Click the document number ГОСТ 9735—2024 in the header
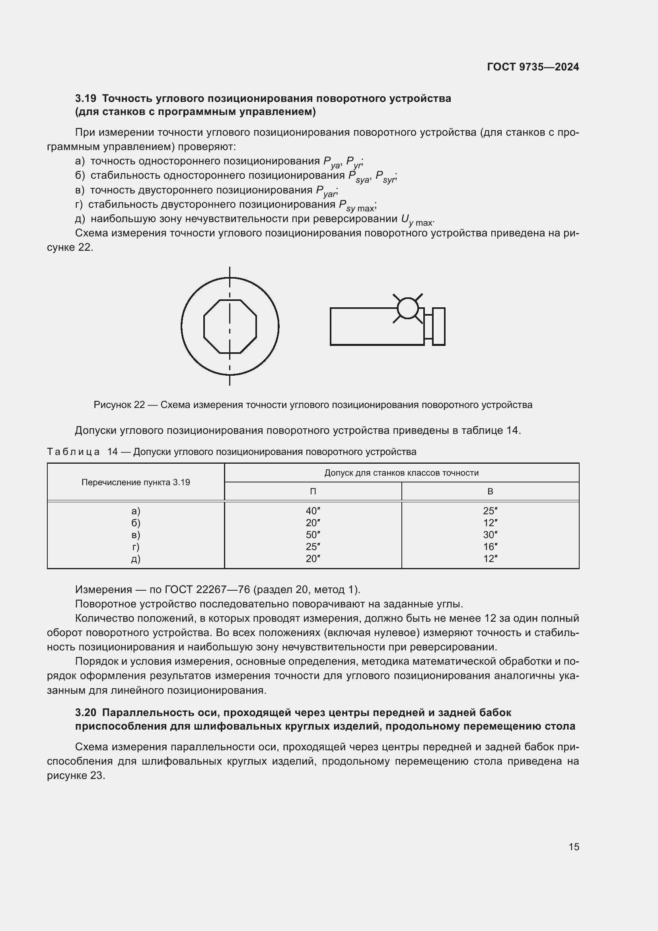click(x=533, y=67)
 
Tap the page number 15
click(x=574, y=847)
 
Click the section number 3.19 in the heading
click(x=86, y=99)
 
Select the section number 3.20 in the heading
click(x=86, y=712)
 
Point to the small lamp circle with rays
click(x=408, y=308)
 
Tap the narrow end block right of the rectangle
click(x=438, y=327)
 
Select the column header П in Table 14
click(x=313, y=492)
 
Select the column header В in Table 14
click(x=490, y=492)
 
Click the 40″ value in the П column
click(x=313, y=511)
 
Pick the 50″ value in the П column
click(x=313, y=535)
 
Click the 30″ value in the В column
click(x=490, y=535)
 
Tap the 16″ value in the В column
click(x=490, y=546)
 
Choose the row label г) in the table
click(x=136, y=546)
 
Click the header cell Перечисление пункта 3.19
click(x=136, y=482)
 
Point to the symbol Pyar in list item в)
click(x=326, y=191)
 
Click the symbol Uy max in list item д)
click(x=417, y=220)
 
